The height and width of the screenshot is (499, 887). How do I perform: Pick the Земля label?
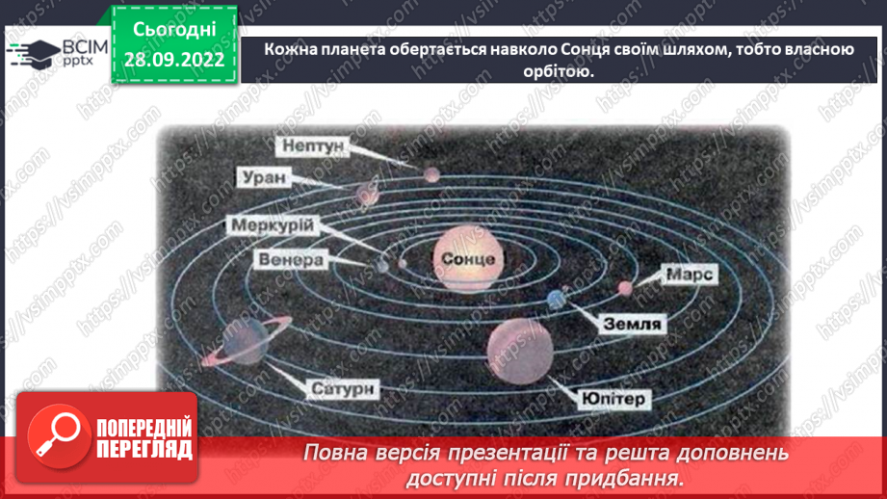pos(633,324)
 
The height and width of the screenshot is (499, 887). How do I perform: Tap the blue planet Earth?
pos(556,300)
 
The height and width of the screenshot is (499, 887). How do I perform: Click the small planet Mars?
pos(626,286)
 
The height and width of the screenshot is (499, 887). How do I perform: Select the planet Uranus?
pos(367,193)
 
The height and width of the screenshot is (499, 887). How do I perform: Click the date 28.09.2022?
pos(173,61)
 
